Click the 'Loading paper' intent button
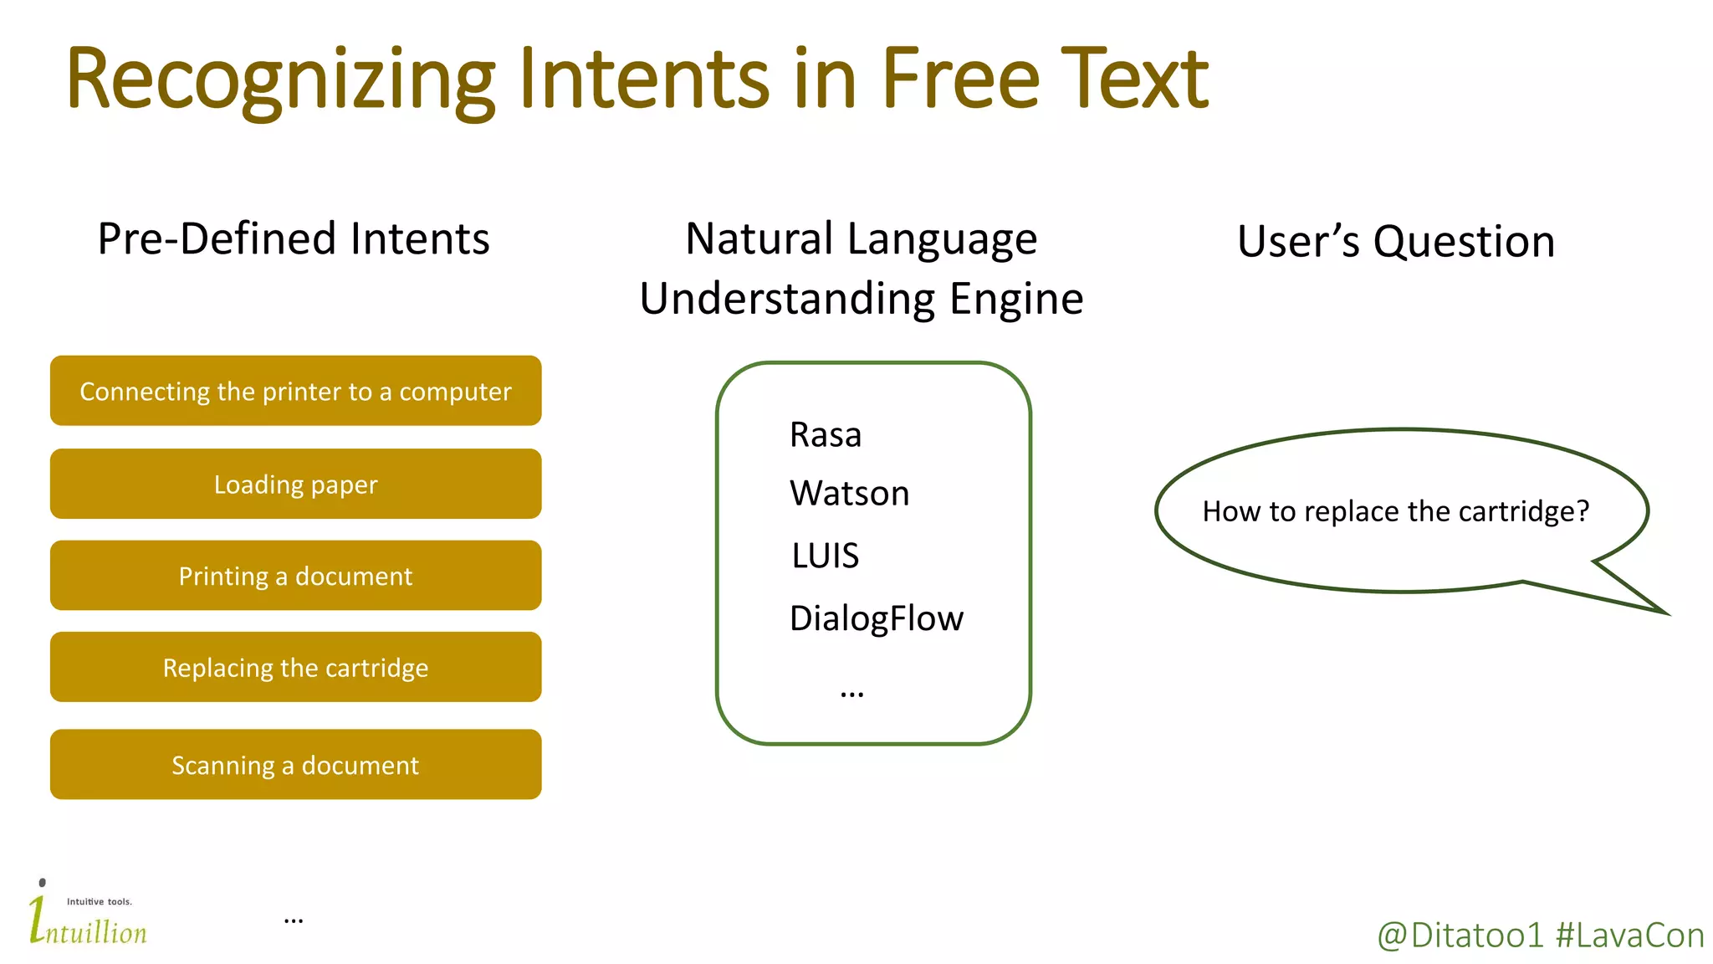click(x=295, y=485)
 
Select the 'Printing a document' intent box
click(x=295, y=576)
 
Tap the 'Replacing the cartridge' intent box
click(x=295, y=668)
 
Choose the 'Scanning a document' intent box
click(x=295, y=765)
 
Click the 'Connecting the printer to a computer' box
click(x=295, y=392)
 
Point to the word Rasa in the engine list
click(x=825, y=435)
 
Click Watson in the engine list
click(x=849, y=494)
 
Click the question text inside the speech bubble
click(x=1395, y=511)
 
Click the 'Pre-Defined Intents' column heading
click(x=294, y=238)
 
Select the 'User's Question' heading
click(x=1395, y=242)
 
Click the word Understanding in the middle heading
click(x=787, y=300)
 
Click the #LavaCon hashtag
click(x=1629, y=936)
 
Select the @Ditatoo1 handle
click(x=1460, y=936)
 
